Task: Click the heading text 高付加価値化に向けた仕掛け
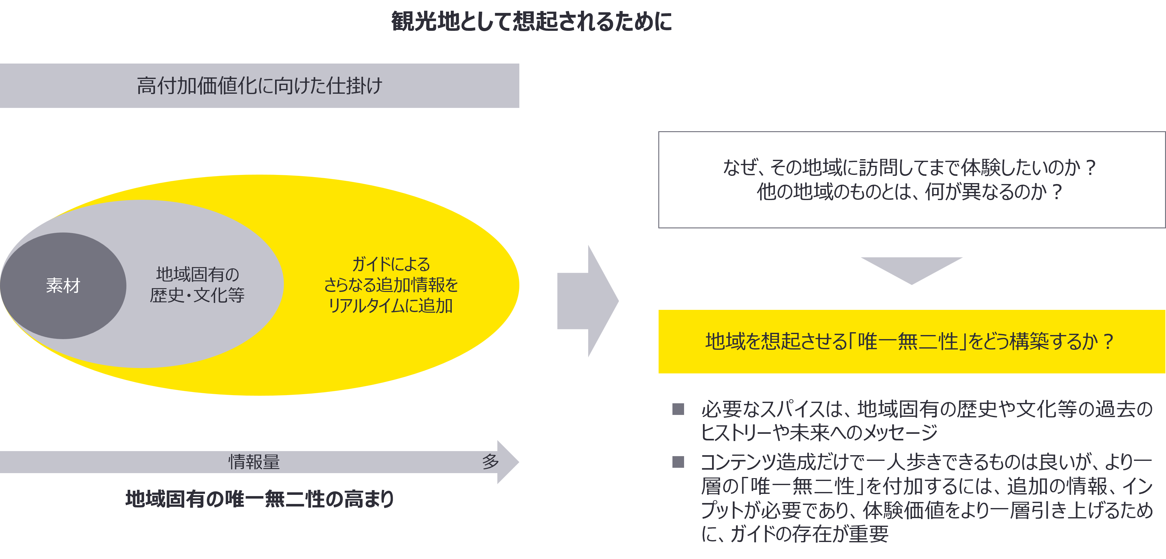(259, 86)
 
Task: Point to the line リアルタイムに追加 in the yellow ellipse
(390, 306)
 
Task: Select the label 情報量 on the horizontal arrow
(254, 461)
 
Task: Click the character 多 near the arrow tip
(490, 461)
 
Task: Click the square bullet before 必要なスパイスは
(678, 409)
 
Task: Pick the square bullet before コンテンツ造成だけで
(678, 462)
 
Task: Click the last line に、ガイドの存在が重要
(795, 534)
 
